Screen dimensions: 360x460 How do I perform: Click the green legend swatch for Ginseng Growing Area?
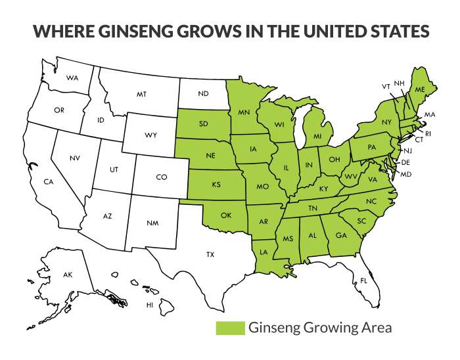230,328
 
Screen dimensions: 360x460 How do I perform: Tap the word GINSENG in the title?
145,32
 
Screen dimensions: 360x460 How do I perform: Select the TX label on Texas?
210,254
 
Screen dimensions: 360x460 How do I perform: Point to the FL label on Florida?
363,281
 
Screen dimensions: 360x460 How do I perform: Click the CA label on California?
48,181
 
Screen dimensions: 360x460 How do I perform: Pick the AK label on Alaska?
68,274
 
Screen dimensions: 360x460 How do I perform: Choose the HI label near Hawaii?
149,305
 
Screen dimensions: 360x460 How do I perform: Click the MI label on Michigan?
317,136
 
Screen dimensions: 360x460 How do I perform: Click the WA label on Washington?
72,78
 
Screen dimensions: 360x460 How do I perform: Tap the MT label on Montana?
141,95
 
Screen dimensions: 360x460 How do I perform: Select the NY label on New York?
386,123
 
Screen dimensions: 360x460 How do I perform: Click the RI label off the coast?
426,133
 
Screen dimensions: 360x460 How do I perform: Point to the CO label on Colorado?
162,177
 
